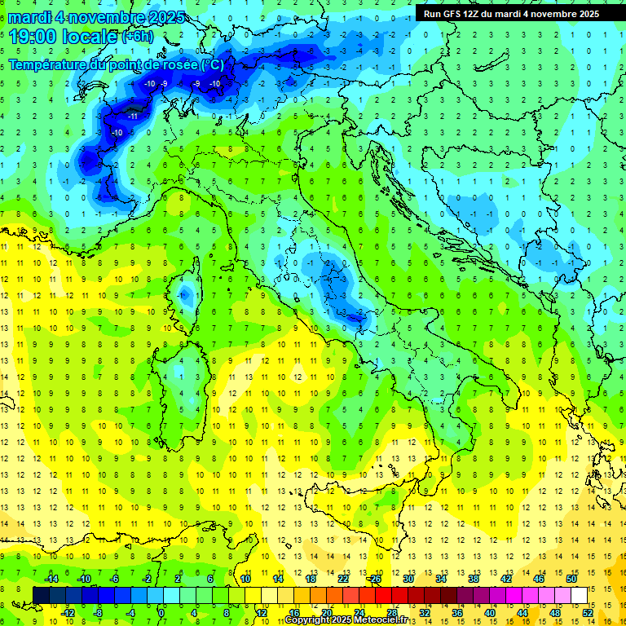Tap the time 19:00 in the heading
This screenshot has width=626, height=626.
click(33, 36)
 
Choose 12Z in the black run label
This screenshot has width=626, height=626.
click(472, 13)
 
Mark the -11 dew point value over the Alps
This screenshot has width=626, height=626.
click(131, 117)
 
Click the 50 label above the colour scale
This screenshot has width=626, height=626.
click(571, 578)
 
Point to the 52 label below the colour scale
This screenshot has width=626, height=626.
click(587, 612)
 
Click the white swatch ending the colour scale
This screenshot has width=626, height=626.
click(579, 595)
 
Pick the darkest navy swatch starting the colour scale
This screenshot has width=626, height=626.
click(41, 595)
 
